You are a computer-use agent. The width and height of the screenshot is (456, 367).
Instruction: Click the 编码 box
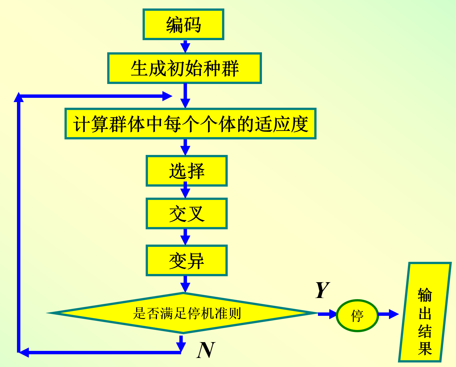click(183, 24)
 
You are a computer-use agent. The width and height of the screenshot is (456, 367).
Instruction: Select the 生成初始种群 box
click(184, 68)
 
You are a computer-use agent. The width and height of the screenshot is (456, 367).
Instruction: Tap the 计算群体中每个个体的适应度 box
click(190, 124)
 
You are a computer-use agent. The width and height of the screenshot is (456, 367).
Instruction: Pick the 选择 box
click(187, 171)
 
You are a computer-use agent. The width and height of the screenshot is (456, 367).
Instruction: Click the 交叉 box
click(187, 213)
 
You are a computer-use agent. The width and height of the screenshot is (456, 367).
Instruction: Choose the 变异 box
click(187, 260)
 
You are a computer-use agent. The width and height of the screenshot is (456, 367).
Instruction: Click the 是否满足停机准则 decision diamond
click(183, 313)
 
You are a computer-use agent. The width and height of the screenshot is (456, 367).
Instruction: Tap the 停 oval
click(357, 315)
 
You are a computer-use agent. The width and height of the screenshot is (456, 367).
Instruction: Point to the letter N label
click(206, 350)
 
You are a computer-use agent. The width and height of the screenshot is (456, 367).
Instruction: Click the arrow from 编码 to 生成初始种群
click(185, 46)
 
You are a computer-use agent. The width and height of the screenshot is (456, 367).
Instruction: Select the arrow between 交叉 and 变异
click(185, 237)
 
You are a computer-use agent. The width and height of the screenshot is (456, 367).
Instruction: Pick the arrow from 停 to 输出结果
click(388, 314)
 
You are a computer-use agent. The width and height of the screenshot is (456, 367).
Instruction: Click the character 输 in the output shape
click(425, 295)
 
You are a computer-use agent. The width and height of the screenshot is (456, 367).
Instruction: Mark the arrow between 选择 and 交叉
click(185, 191)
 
